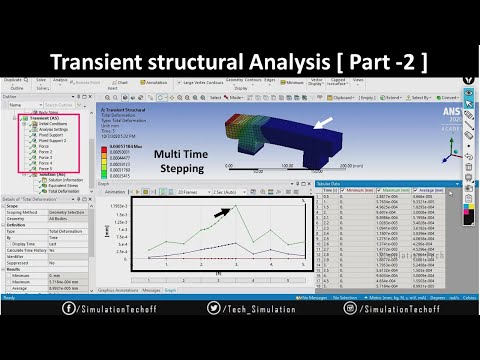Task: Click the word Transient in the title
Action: coord(107,63)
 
